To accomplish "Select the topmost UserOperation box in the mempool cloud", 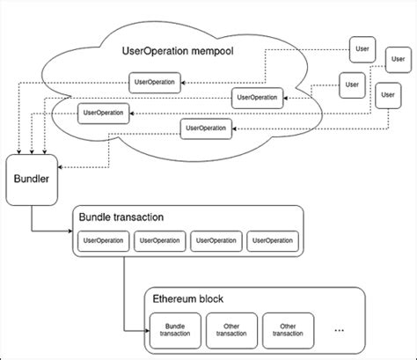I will click(157, 82).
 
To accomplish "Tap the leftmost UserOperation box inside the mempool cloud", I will click(103, 112).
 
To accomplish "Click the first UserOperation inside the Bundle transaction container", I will click(102, 239).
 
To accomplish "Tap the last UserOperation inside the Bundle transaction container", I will click(271, 239).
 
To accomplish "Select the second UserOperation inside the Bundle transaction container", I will click(159, 239).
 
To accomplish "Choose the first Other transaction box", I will click(231, 327).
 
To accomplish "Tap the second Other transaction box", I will click(287, 327).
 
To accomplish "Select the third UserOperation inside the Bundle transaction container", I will click(216, 239).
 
